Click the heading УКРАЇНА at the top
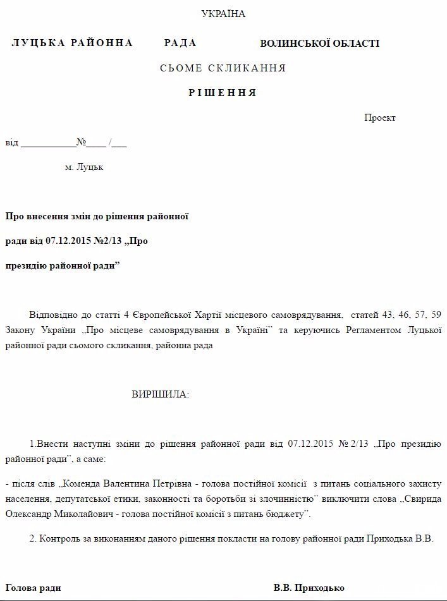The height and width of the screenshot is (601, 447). coord(223,14)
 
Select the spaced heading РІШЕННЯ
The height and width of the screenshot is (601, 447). coord(223,93)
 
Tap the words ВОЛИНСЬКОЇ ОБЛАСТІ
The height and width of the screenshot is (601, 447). coord(320,44)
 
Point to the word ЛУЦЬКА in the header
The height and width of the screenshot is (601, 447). coord(39,43)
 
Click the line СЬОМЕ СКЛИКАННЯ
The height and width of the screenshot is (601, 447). coord(223,68)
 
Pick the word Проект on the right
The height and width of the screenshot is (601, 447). coord(379,118)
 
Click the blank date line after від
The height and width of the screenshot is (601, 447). coord(48,143)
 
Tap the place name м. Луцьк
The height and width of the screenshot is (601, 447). coord(83,167)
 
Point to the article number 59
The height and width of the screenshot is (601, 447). coord(435,315)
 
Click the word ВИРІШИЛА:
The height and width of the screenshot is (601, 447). coord(160,394)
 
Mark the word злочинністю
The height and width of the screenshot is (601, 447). coord(279,499)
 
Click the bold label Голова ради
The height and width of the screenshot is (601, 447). coord(33,588)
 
